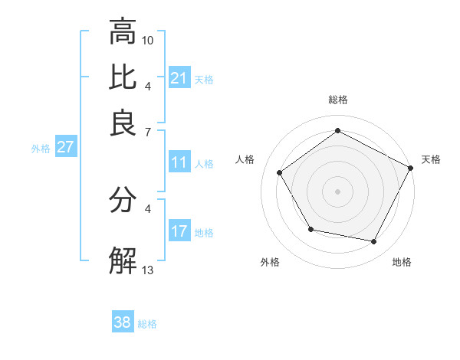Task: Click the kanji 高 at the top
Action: (x=123, y=32)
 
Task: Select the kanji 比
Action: (x=123, y=78)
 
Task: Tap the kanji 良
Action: (x=123, y=123)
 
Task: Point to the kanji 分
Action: (x=123, y=200)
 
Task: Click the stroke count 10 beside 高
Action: (x=148, y=40)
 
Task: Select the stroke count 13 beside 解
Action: (x=148, y=270)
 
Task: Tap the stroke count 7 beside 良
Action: (x=148, y=132)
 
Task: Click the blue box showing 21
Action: (x=179, y=78)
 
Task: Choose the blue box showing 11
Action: (x=179, y=162)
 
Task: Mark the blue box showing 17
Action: (x=179, y=231)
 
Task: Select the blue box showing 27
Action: (x=65, y=147)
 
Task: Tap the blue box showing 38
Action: (x=123, y=322)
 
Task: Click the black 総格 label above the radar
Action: (x=337, y=100)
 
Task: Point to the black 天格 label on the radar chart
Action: (x=431, y=159)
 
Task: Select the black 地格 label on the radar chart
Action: (x=402, y=262)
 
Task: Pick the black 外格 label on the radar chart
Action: (x=270, y=262)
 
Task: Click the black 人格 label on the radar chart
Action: (x=245, y=159)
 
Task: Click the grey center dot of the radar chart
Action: (x=337, y=191)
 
